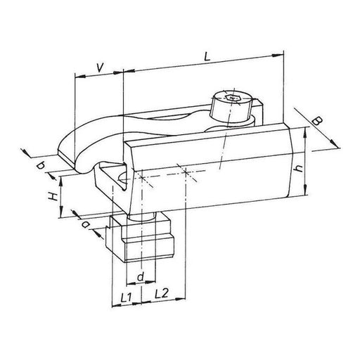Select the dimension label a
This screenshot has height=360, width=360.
[x=85, y=225]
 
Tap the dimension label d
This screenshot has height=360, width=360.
[x=141, y=278]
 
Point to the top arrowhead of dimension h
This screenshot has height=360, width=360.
[x=307, y=131]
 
